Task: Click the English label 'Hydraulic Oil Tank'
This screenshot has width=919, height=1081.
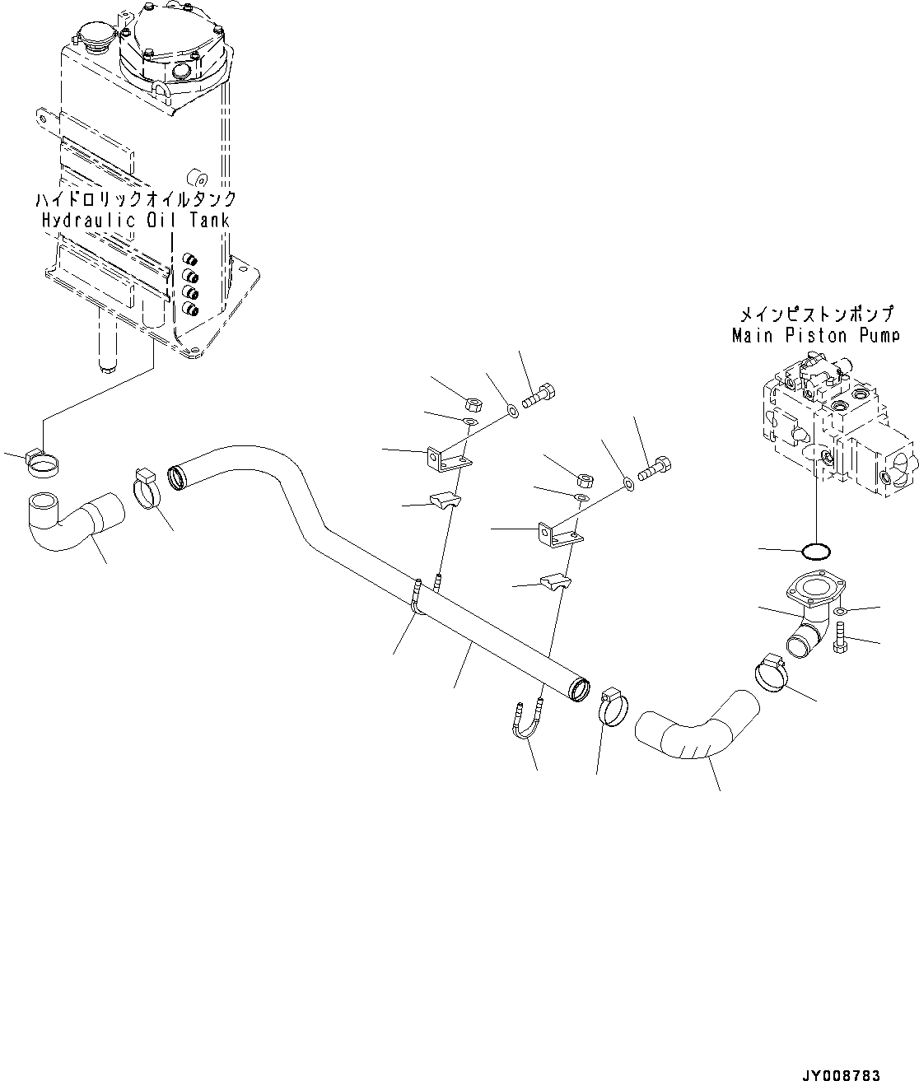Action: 135,220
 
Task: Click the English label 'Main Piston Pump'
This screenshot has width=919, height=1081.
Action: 814,335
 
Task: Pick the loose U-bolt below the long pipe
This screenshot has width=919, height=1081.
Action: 525,723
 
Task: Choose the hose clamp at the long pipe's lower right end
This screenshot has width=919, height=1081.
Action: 612,706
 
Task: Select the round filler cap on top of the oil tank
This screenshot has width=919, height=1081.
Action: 86,39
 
